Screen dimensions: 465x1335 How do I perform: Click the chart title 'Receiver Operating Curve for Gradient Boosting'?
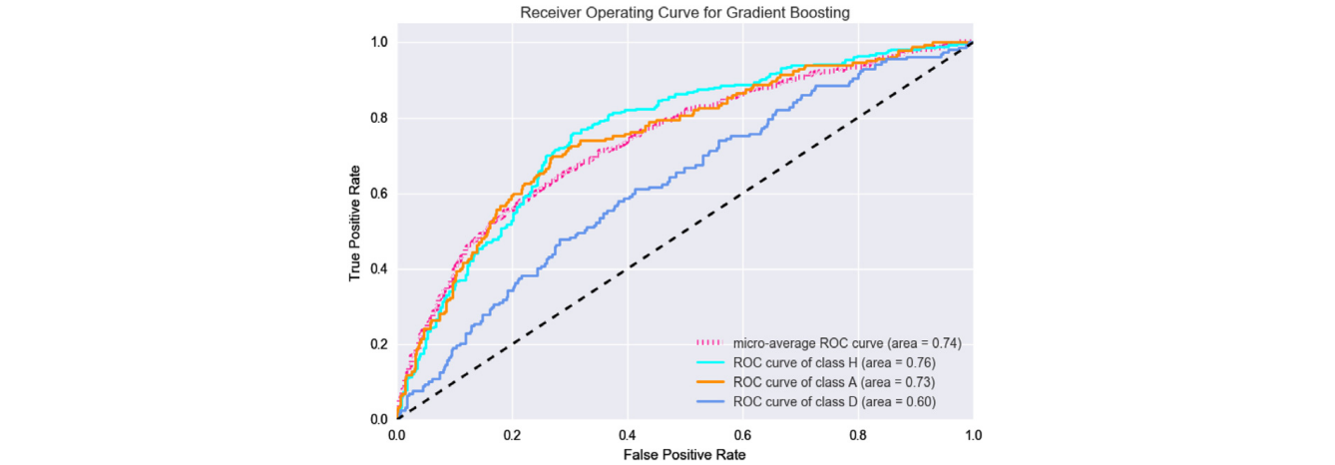click(683, 11)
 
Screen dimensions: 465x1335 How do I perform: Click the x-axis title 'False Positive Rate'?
click(683, 454)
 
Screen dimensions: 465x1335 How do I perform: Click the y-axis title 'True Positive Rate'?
click(356, 231)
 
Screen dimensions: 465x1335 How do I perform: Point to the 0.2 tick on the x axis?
click(512, 436)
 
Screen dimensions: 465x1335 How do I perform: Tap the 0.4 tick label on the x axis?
click(628, 436)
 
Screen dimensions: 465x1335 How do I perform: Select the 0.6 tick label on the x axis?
click(742, 436)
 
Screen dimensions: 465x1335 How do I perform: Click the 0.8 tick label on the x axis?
click(858, 436)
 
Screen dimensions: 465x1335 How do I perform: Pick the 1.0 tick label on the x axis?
click(973, 436)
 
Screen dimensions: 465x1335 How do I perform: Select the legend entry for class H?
click(834, 363)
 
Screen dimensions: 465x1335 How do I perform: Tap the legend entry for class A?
click(834, 382)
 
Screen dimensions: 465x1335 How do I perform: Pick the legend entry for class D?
click(834, 402)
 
